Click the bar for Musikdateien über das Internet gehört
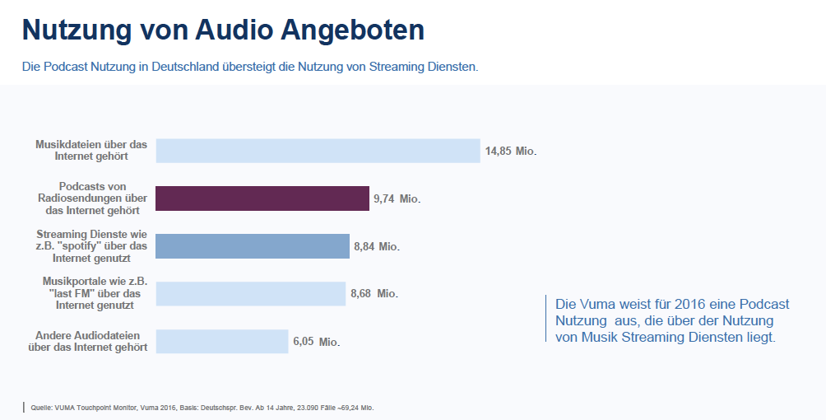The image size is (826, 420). click(x=318, y=151)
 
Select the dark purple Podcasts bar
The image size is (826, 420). click(x=262, y=198)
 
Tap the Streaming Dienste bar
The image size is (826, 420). click(x=253, y=246)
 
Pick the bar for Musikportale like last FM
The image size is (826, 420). click(x=250, y=294)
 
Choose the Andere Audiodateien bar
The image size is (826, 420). click(x=222, y=341)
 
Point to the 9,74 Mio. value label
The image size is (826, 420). click(x=397, y=199)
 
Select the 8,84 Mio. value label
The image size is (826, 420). click(x=376, y=246)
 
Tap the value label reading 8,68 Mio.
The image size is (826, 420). click(x=374, y=294)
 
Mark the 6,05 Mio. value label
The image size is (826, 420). click(x=316, y=342)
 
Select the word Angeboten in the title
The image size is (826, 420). click(x=352, y=30)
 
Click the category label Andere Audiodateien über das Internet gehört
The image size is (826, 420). click(x=88, y=341)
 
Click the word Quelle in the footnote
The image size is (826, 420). click(x=42, y=408)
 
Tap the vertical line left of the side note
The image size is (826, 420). click(x=545, y=318)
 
